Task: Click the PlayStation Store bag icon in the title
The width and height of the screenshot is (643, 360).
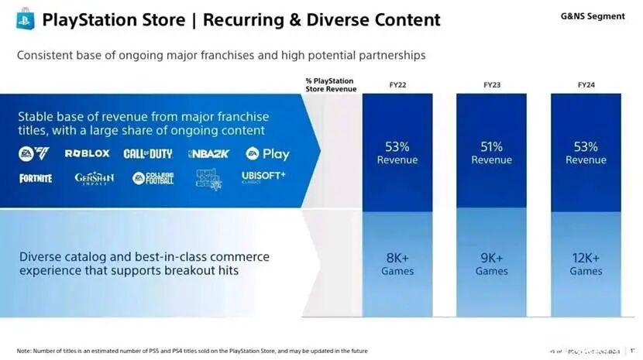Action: pyautogui.click(x=26, y=19)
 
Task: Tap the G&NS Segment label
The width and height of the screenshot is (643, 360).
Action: pyautogui.click(x=592, y=16)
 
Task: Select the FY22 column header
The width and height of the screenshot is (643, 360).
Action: pyautogui.click(x=397, y=84)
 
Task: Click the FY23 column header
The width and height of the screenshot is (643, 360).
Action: pyautogui.click(x=492, y=84)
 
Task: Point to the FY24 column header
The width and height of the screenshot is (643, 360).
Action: pyautogui.click(x=586, y=84)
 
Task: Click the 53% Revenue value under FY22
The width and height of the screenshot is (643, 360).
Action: pyautogui.click(x=397, y=153)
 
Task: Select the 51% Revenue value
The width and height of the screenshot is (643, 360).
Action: pyautogui.click(x=492, y=153)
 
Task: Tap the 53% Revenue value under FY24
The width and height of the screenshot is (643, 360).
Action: pyautogui.click(x=586, y=153)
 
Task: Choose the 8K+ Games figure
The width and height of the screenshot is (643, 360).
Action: pyautogui.click(x=397, y=264)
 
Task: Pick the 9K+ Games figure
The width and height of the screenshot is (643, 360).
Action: pyautogui.click(x=492, y=264)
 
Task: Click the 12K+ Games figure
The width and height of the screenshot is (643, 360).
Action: pyautogui.click(x=586, y=264)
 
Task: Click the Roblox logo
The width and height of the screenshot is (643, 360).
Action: pyautogui.click(x=87, y=154)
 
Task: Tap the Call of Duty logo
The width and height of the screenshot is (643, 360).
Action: pyautogui.click(x=147, y=154)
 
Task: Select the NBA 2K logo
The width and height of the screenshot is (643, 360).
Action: pyautogui.click(x=208, y=154)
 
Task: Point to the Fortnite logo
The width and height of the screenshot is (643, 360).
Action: pyautogui.click(x=36, y=178)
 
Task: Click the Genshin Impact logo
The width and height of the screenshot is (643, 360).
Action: pyautogui.click(x=94, y=178)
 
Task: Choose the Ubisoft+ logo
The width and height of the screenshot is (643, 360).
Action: pyautogui.click(x=263, y=177)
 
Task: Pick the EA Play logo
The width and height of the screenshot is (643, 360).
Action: pyautogui.click(x=267, y=154)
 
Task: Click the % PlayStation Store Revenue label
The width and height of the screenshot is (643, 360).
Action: pyautogui.click(x=330, y=84)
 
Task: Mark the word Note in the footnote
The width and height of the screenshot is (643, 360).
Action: pyautogui.click(x=25, y=351)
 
